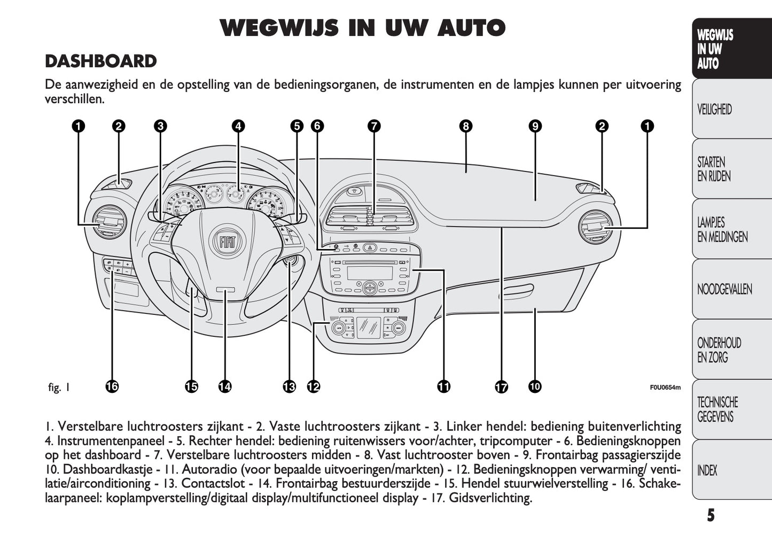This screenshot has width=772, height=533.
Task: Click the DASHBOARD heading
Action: coord(100,61)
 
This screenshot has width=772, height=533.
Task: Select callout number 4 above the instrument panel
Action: coord(238,126)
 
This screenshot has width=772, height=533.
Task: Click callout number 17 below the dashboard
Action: coord(501,387)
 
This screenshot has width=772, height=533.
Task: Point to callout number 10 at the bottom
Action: coord(534,386)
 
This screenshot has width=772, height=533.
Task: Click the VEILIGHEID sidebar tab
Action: coord(714,110)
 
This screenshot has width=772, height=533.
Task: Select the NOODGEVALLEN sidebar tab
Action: coord(724,290)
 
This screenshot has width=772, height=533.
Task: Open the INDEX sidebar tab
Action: coord(707,470)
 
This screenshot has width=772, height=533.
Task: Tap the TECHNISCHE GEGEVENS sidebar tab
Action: coord(718,410)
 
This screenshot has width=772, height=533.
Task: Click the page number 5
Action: coord(710,515)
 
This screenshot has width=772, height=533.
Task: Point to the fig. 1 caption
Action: coord(59,387)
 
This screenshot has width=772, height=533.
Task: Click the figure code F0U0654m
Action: coord(665,388)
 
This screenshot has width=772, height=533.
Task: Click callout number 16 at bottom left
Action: coord(112,386)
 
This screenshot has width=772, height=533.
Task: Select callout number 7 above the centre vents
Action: coord(374,126)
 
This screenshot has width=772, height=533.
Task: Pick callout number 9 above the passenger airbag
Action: coord(535,126)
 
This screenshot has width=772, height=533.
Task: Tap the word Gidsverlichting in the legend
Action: coord(490,498)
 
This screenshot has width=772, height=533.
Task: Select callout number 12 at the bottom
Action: coord(313,386)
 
